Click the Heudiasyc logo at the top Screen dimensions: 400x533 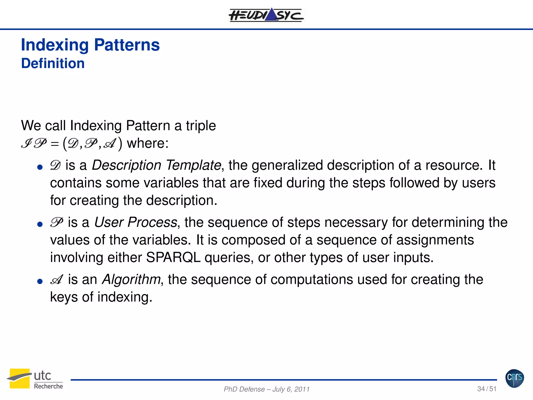[x=266, y=15]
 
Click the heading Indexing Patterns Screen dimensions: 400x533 [x=90, y=45]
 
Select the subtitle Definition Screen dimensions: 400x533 [x=53, y=64]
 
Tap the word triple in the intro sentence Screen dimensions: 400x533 [x=201, y=126]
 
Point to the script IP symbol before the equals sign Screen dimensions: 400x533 [x=34, y=143]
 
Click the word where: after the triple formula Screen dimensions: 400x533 [x=148, y=143]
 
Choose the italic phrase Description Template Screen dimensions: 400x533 [x=156, y=165]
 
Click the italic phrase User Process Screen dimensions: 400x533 [x=135, y=222]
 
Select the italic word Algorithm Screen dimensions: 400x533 [x=131, y=279]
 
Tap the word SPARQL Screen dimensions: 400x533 [x=173, y=258]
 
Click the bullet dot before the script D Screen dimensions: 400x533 [x=40, y=167]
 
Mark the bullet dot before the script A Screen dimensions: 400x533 [x=40, y=282]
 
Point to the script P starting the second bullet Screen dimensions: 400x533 [x=56, y=222]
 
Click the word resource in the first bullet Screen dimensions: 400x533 [x=454, y=165]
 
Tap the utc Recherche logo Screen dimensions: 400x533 [x=35, y=379]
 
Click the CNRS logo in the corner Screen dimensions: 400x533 [x=515, y=378]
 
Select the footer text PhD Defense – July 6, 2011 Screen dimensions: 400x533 [x=266, y=389]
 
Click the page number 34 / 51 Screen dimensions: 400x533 [x=487, y=389]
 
